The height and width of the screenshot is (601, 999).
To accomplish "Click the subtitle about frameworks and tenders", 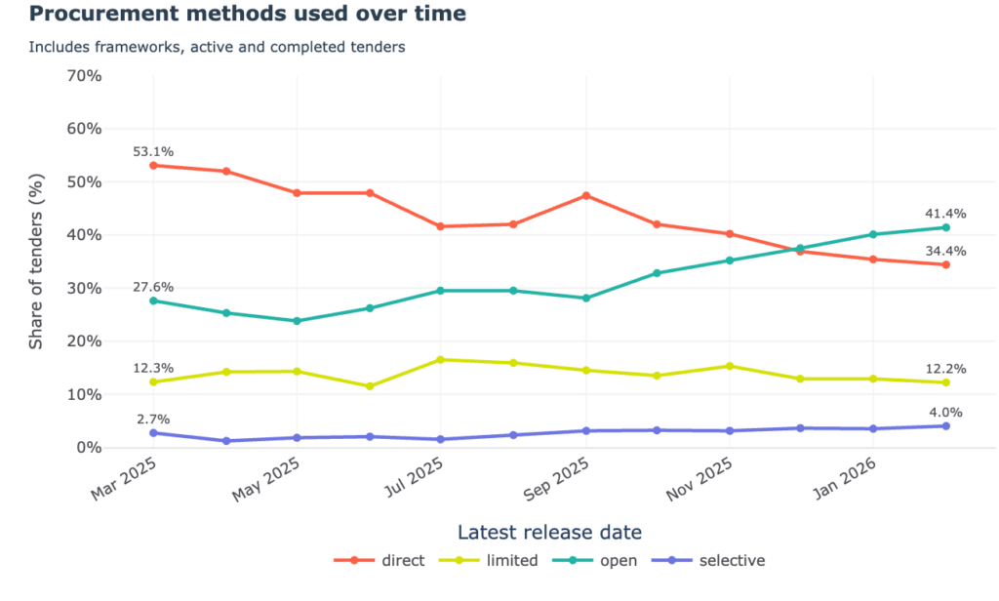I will click(217, 47).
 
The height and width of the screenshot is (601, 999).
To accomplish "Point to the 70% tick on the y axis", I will click(83, 76).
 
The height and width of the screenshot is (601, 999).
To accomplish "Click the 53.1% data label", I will click(153, 151).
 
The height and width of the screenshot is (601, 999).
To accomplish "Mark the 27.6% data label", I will click(153, 287).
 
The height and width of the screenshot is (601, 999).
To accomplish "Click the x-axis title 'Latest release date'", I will click(549, 532).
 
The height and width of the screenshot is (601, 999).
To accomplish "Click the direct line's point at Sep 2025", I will click(585, 196).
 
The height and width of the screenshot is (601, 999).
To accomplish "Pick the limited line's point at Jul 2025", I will click(441, 360).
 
